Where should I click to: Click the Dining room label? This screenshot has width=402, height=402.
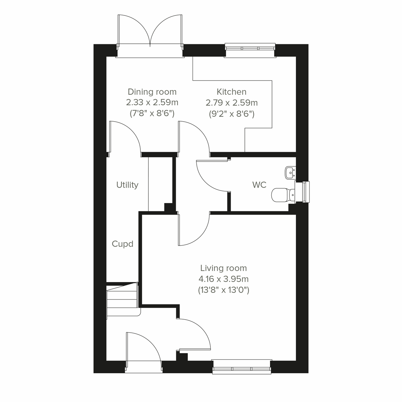(x=152, y=92)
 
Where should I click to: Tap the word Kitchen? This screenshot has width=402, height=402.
(x=231, y=92)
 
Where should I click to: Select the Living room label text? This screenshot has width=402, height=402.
(x=223, y=268)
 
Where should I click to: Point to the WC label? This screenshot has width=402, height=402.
(x=259, y=185)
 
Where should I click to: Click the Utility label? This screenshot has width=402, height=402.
(x=127, y=185)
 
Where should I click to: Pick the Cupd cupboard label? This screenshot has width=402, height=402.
(x=123, y=244)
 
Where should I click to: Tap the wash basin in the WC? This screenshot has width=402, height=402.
(x=290, y=172)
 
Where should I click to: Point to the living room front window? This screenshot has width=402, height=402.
(x=242, y=366)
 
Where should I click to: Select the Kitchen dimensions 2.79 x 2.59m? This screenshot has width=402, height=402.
(x=231, y=103)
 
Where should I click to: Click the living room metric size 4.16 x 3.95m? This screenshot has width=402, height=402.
(x=223, y=279)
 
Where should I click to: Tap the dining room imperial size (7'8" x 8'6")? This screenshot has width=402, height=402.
(x=152, y=114)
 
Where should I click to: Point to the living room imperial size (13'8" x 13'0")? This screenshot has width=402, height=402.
(x=223, y=290)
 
